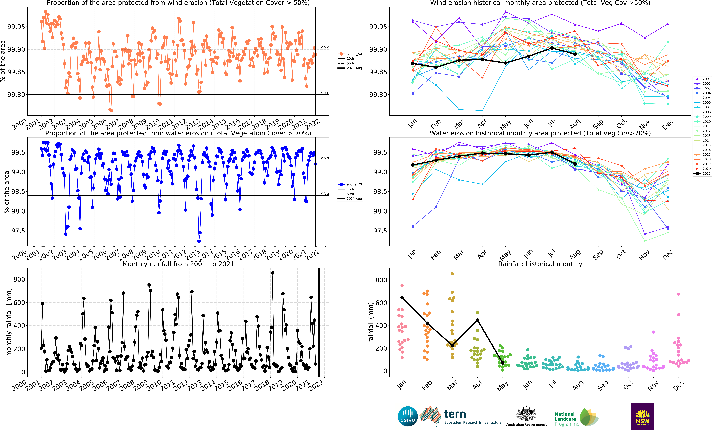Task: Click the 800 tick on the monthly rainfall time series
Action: pyautogui.click(x=20, y=279)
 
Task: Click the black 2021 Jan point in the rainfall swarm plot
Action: pyautogui.click(x=402, y=297)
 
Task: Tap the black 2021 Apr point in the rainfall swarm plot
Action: pyautogui.click(x=477, y=320)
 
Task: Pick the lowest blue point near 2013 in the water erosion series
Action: pyautogui.click(x=199, y=241)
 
